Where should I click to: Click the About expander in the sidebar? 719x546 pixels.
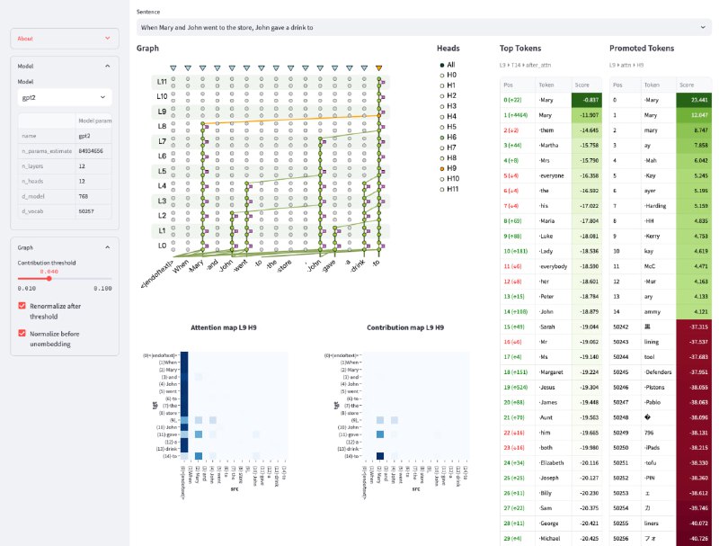coord(63,39)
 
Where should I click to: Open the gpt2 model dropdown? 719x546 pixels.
coord(63,96)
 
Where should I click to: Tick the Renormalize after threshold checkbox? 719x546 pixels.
coord(22,306)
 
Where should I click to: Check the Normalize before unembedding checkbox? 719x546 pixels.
coord(22,332)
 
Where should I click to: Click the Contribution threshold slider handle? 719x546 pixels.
coord(49,278)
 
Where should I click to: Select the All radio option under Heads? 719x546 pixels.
coord(441,65)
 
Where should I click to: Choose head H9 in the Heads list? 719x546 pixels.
coord(441,168)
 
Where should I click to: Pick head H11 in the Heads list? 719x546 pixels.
coord(441,189)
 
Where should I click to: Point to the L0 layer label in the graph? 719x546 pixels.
coord(161,245)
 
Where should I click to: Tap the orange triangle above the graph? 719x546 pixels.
coord(379,67)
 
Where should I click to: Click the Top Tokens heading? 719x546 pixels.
coord(520,48)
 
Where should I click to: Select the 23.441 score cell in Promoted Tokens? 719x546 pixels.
coord(696,100)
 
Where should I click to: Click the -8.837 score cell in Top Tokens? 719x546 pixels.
coord(585,100)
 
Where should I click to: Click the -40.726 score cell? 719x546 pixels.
coord(696,538)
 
